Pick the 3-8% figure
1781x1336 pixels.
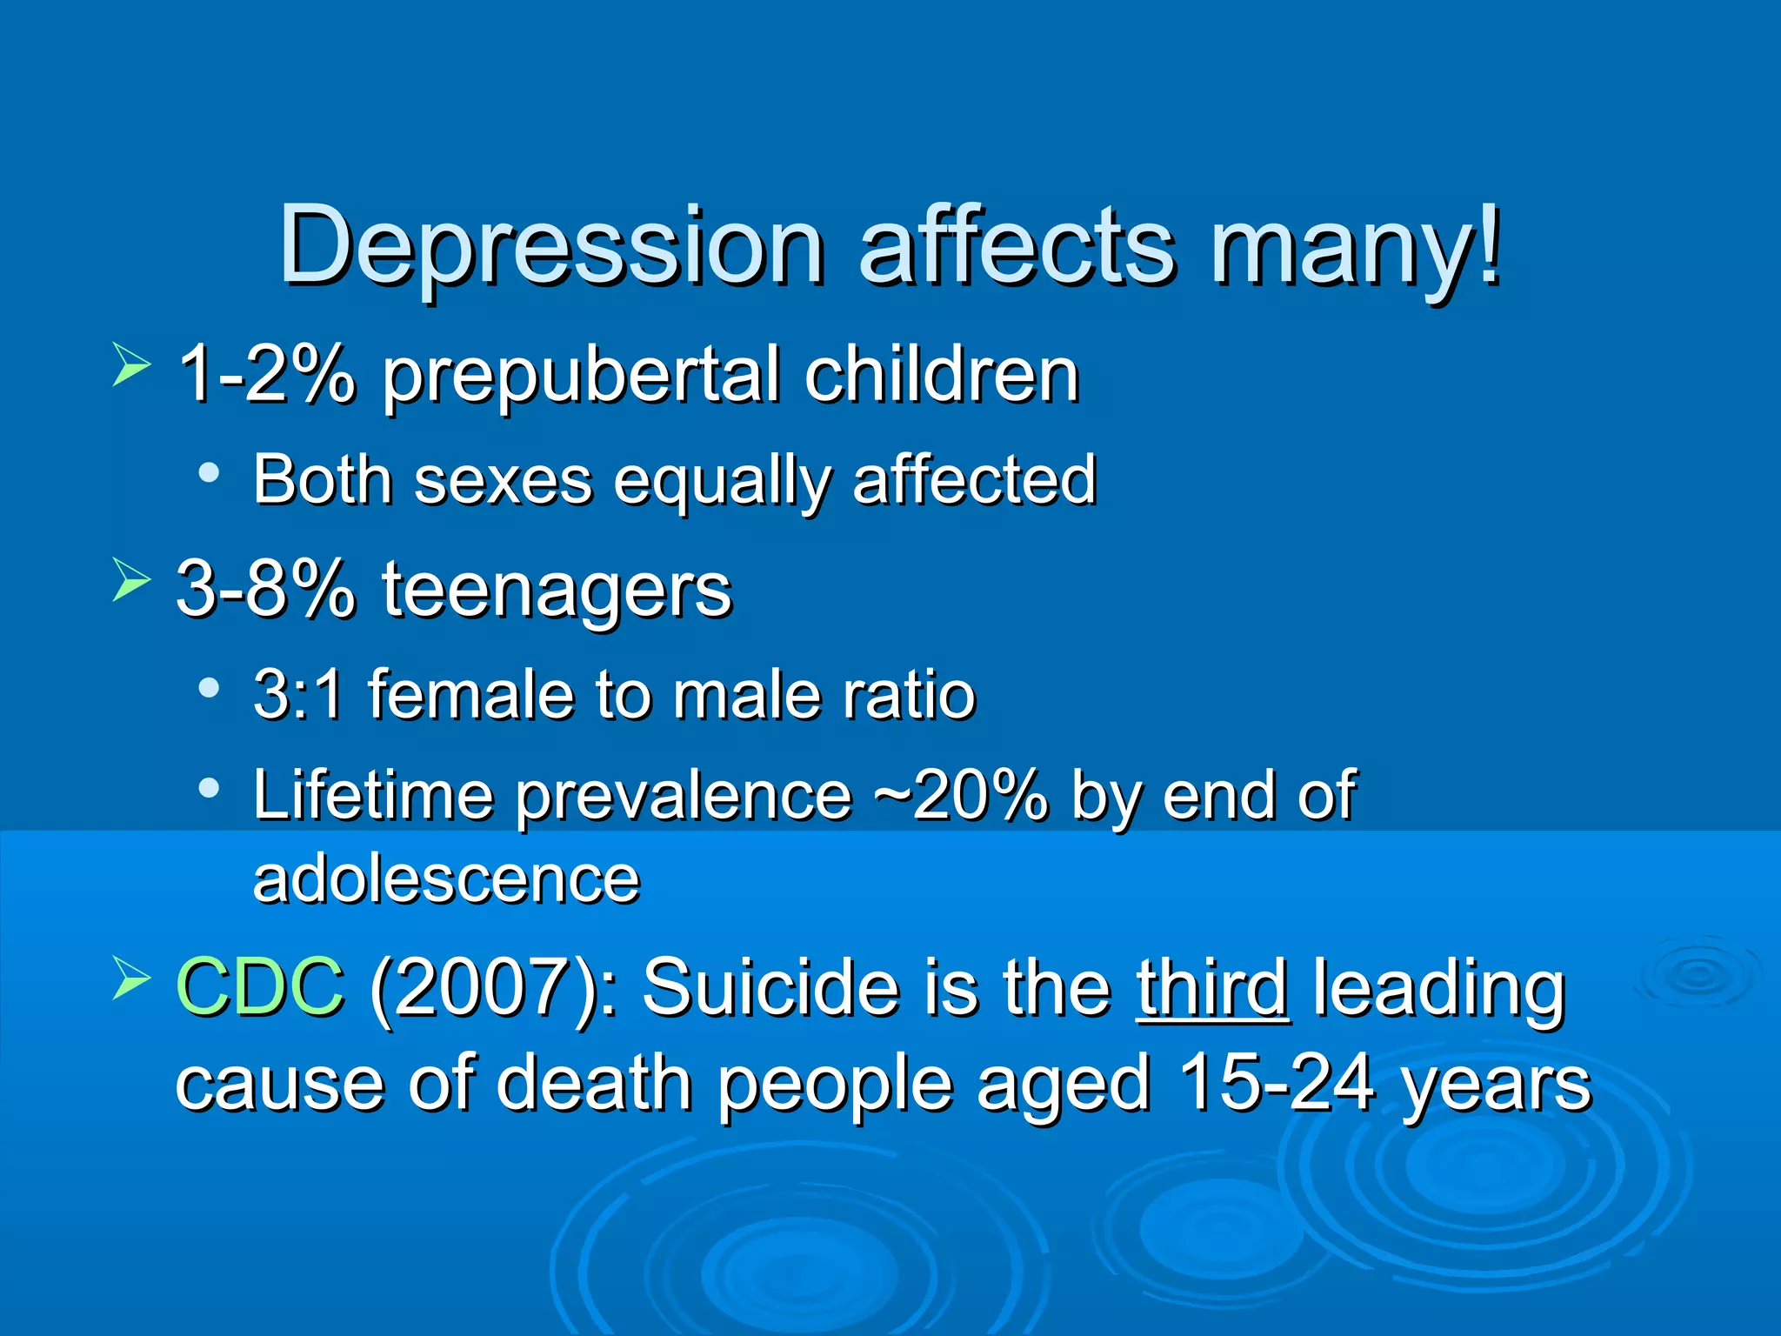coord(266,590)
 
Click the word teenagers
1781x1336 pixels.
coord(557,591)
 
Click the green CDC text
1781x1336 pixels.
coord(260,986)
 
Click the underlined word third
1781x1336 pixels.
coord(1212,986)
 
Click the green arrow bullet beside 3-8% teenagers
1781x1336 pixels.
coord(130,580)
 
